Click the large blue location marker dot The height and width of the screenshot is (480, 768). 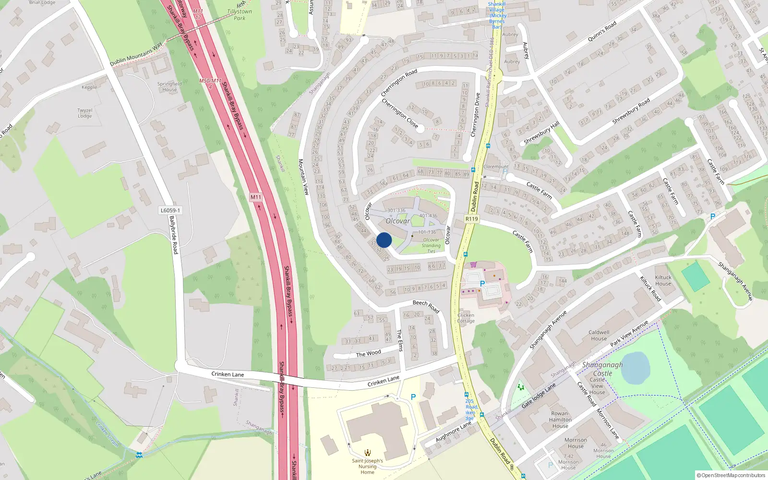point(384,240)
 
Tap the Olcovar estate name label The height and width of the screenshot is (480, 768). point(398,221)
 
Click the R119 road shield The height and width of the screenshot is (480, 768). point(472,219)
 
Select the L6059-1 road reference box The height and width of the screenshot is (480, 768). point(170,210)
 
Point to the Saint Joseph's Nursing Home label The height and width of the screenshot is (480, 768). point(367,466)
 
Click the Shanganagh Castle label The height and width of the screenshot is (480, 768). point(602,369)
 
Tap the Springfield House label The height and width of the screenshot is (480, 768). point(169,86)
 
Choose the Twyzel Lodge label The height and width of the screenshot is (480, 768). point(85,113)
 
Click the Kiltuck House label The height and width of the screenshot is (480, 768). point(663,280)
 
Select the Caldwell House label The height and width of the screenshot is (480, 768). point(599,335)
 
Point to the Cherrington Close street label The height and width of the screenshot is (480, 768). point(399,113)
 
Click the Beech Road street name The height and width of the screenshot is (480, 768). point(426,306)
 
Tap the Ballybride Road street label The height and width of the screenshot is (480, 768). point(173,235)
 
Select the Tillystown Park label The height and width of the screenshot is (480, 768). point(240,14)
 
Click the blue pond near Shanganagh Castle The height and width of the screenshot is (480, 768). point(636,368)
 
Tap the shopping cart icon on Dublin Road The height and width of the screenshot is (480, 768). point(473,264)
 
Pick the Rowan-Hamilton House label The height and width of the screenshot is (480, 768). point(560,420)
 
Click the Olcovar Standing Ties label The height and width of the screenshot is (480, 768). point(431,245)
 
